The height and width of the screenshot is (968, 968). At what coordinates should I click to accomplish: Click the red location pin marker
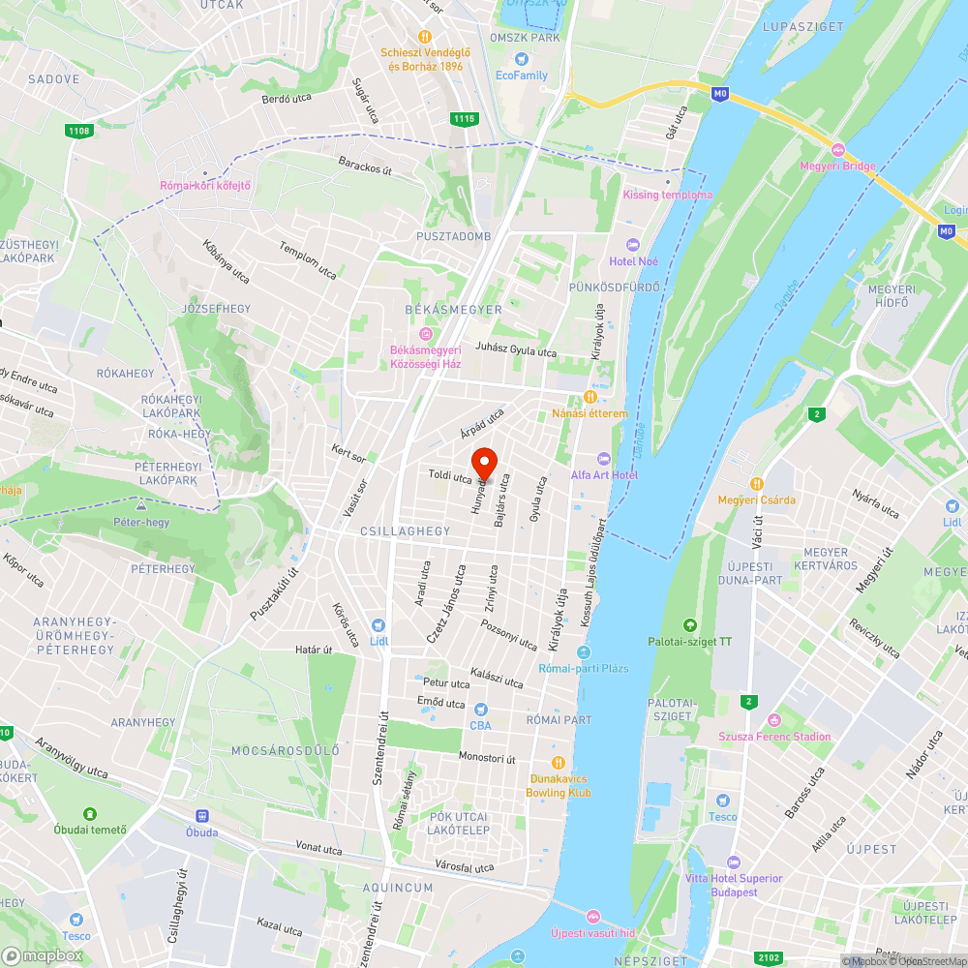coord(483,464)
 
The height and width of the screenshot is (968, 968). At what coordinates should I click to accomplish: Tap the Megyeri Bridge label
coord(838,166)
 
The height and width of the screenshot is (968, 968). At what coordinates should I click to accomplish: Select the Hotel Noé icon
coord(633,245)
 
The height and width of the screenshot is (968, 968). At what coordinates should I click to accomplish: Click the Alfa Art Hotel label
coord(604,474)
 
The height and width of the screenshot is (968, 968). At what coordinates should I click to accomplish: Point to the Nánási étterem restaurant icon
coord(590,397)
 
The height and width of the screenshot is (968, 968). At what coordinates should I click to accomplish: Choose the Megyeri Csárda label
coord(756,499)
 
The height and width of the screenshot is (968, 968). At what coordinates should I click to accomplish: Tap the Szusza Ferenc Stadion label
coord(773,736)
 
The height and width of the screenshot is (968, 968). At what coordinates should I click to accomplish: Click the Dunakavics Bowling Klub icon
coord(558,762)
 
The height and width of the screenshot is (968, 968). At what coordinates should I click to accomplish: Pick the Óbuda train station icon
coord(201,816)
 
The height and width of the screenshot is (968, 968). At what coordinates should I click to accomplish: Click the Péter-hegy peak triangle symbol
coord(141,505)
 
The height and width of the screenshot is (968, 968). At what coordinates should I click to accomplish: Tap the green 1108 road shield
coord(79,131)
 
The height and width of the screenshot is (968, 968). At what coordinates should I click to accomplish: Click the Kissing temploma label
coord(667,195)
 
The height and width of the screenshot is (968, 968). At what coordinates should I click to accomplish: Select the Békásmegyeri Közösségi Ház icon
coord(424,334)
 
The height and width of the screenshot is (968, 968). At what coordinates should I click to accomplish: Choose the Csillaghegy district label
coord(391,531)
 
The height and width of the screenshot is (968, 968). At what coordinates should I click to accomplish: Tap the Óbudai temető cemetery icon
coord(90,814)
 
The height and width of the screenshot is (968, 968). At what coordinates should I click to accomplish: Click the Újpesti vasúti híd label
coord(592,933)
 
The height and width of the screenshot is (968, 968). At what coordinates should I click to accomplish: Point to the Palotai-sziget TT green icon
coord(689,625)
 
